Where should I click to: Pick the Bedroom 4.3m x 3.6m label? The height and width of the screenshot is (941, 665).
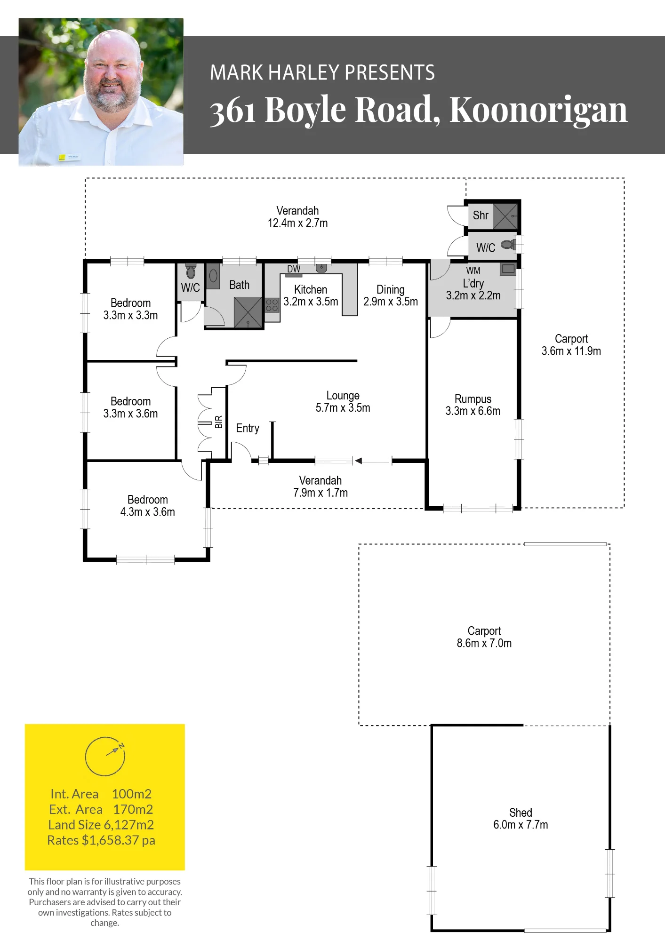(147, 506)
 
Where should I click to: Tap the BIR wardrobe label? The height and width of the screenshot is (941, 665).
(219, 422)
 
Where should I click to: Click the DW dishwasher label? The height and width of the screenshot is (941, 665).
(294, 269)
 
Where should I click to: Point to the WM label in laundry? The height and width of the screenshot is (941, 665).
(473, 271)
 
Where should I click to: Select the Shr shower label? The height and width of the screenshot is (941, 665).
(481, 215)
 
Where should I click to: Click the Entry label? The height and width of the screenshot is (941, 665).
(248, 428)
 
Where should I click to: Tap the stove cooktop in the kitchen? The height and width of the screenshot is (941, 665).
(272, 305)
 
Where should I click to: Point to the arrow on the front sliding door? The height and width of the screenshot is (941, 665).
(373, 461)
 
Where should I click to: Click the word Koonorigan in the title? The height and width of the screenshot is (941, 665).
(538, 110)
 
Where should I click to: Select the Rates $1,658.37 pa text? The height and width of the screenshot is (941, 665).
(101, 840)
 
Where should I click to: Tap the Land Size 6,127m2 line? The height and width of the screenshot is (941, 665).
(101, 825)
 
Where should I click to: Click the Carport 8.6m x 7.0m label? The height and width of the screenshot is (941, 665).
(484, 637)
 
